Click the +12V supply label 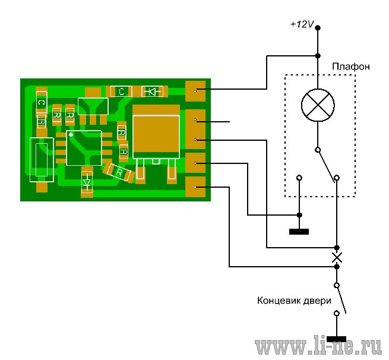[302, 24]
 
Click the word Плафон [351, 67]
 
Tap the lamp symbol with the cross [318, 105]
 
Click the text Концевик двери [294, 301]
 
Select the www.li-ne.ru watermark [318, 345]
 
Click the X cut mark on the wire [337, 257]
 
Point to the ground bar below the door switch [336, 339]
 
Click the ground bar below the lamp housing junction [299, 232]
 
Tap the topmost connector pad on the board [195, 91]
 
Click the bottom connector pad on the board [195, 187]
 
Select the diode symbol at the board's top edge [152, 91]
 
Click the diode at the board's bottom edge [87, 182]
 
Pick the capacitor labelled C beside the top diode [121, 91]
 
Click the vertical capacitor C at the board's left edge [42, 103]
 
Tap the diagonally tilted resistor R [119, 172]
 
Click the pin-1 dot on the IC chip [71, 135]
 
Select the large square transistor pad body [156, 137]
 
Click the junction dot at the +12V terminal [318, 27]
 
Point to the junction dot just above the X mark [337, 248]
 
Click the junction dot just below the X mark [337, 267]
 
